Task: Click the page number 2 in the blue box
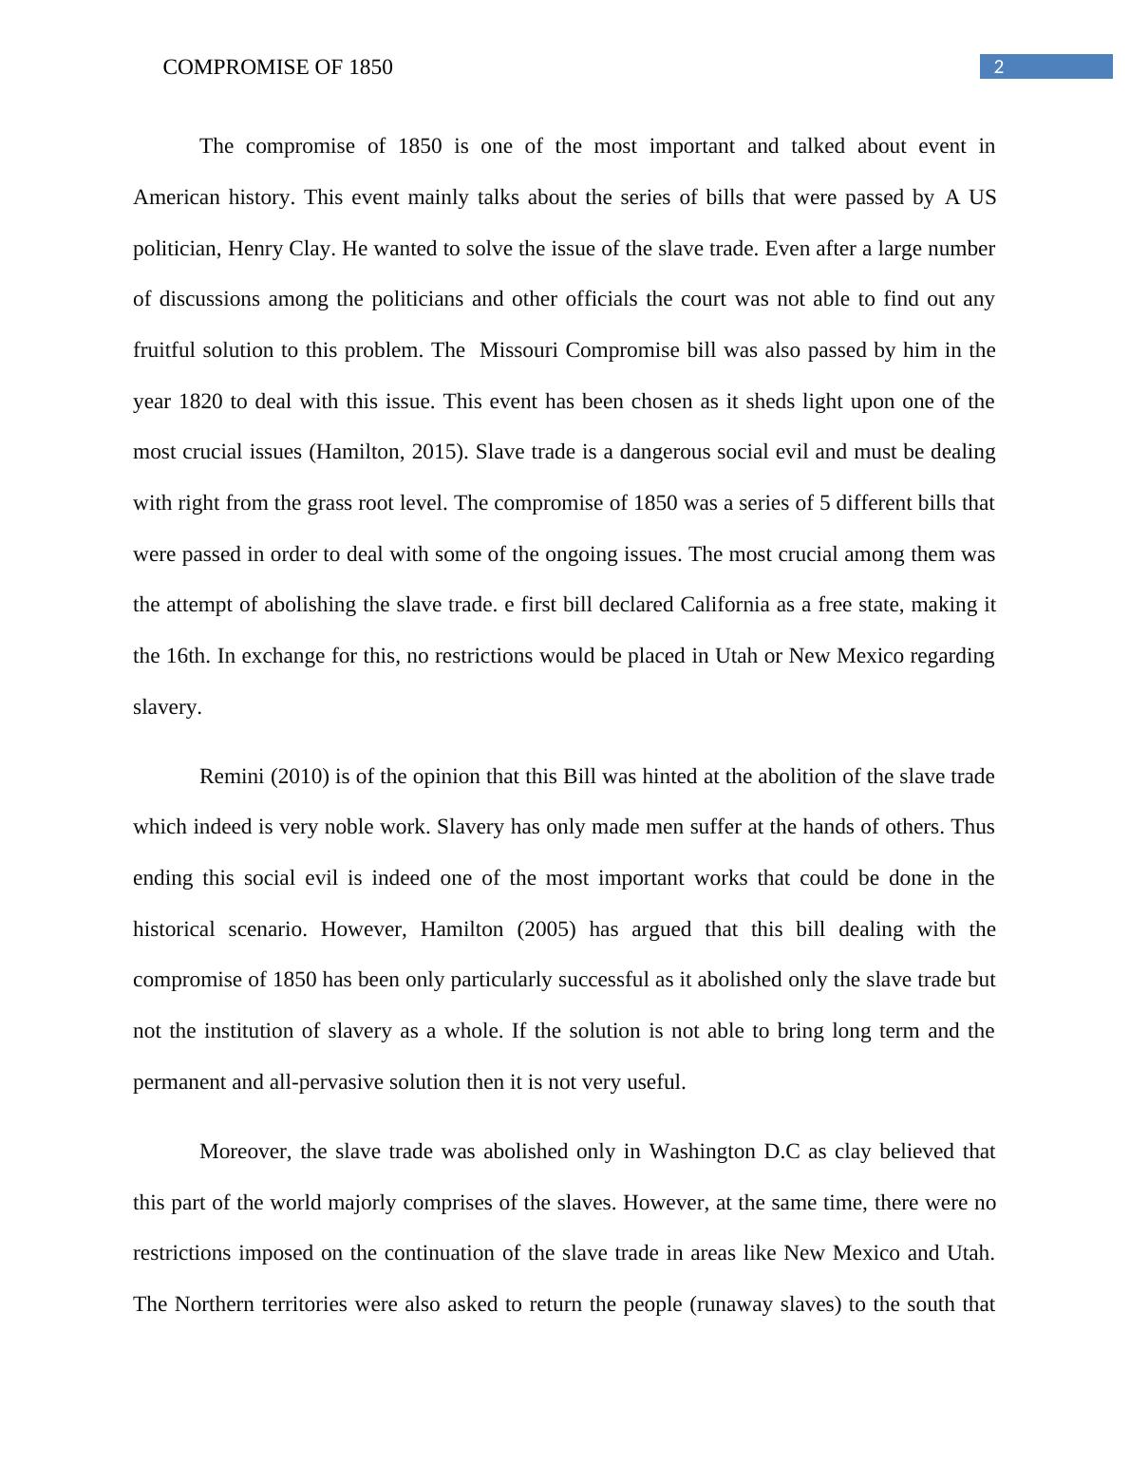[x=998, y=66]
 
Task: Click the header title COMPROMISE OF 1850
[x=277, y=67]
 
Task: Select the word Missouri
[x=519, y=350]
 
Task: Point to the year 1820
[x=200, y=402]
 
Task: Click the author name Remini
[x=232, y=777]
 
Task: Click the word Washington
[x=702, y=1152]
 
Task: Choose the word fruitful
[x=166, y=350]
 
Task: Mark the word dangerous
[x=666, y=452]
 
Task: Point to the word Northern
[x=214, y=1304]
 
